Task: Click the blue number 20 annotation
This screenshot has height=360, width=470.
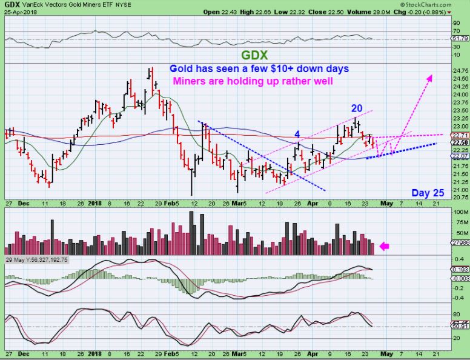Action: point(357,108)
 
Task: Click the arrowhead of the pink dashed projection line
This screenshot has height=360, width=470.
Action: point(431,77)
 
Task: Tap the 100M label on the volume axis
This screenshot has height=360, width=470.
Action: point(460,212)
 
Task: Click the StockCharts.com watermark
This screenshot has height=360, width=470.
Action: point(440,4)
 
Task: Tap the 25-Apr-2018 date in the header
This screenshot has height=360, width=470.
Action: point(19,12)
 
